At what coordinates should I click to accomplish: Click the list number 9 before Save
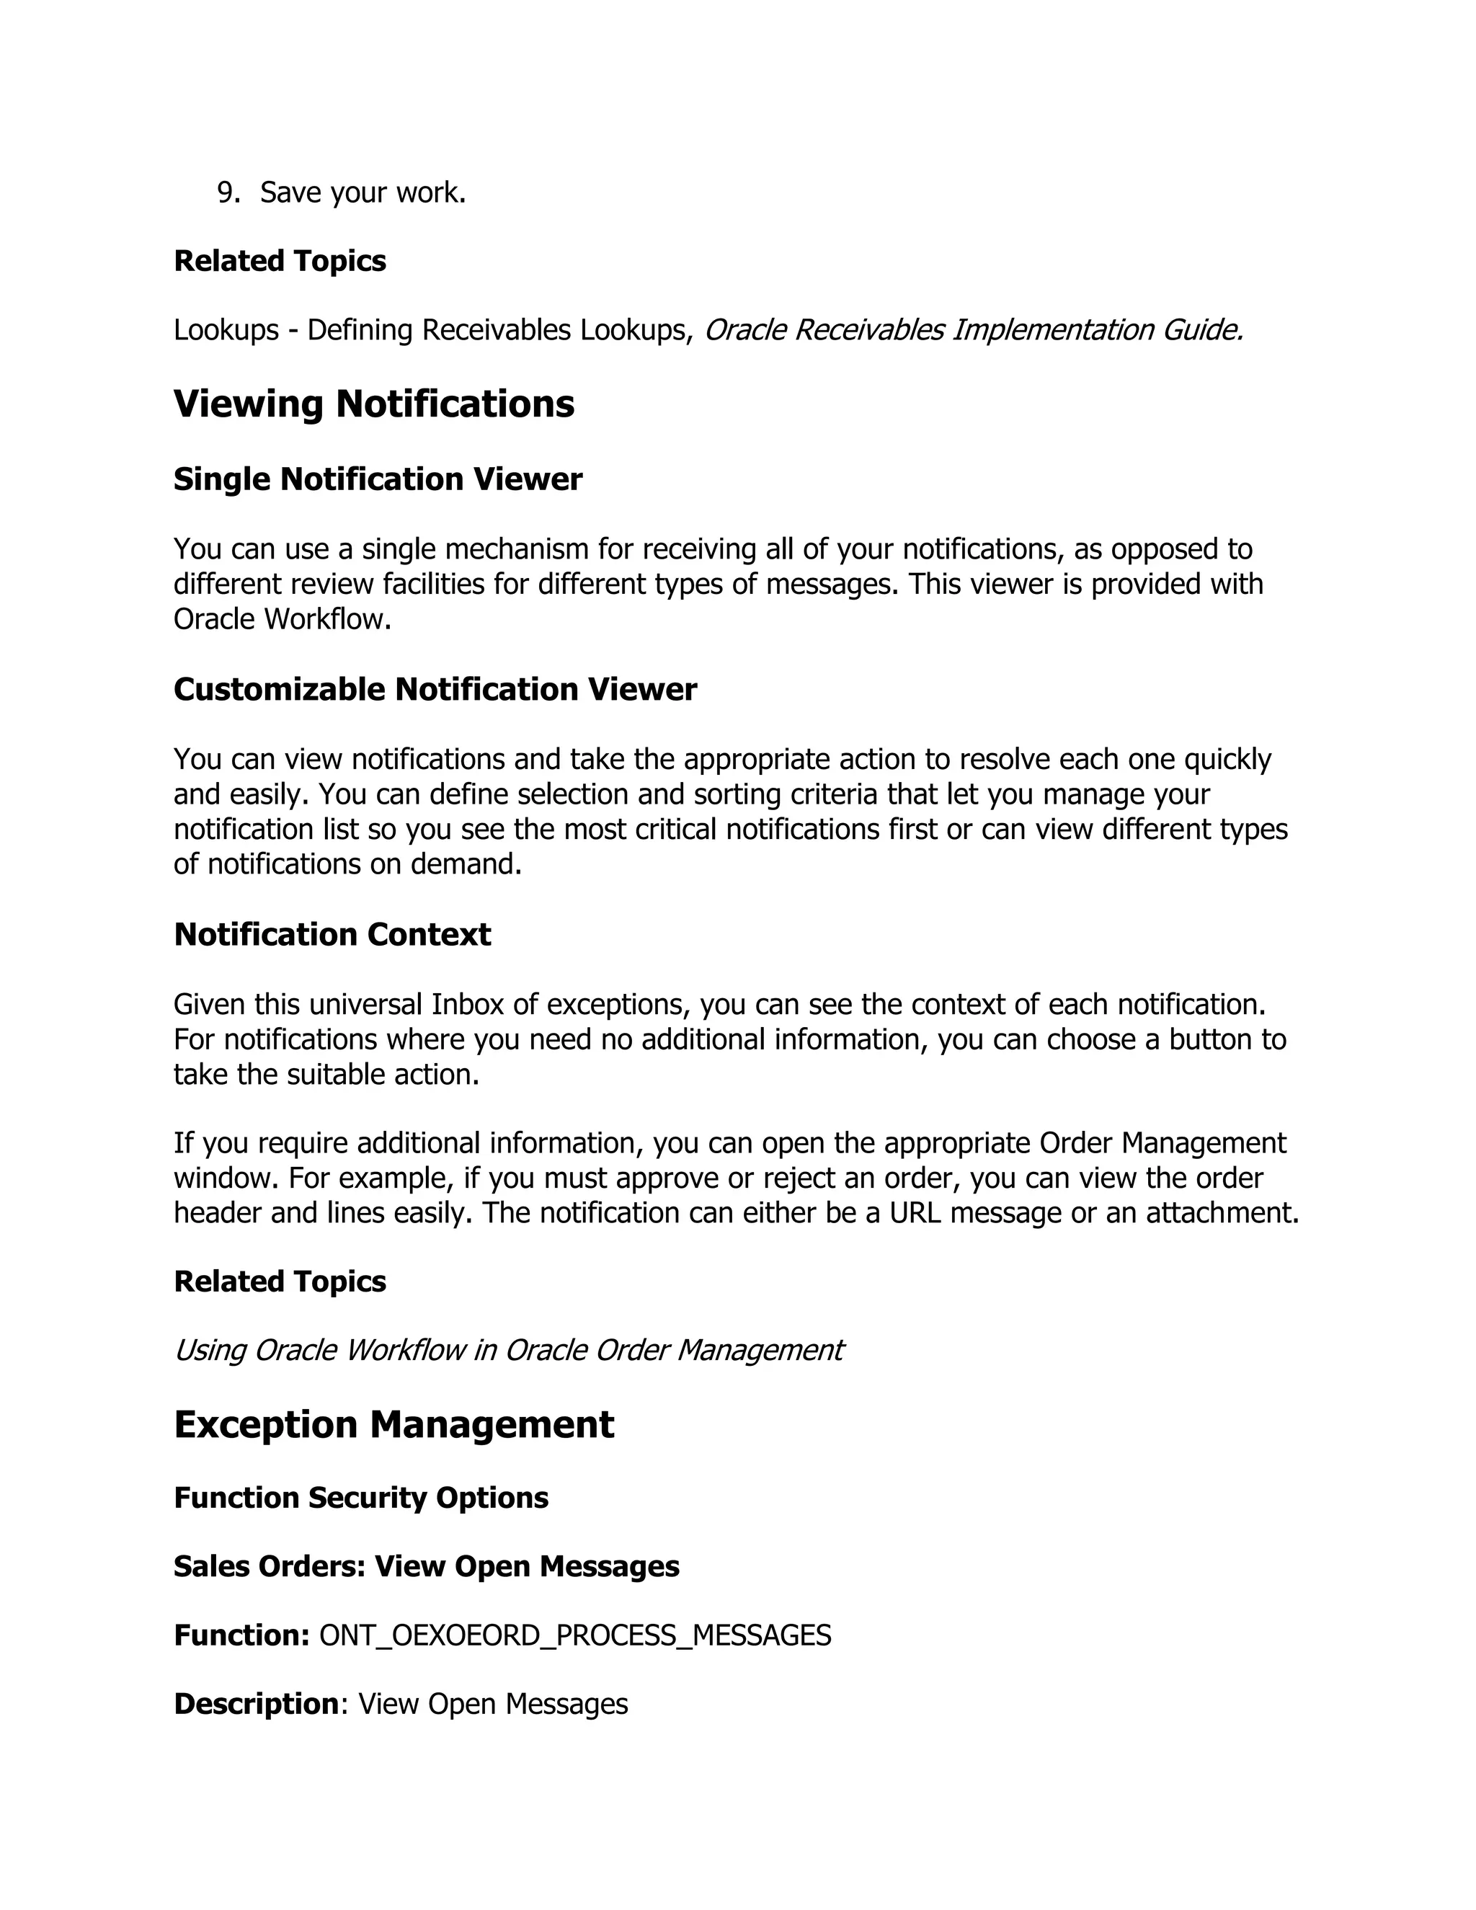227,193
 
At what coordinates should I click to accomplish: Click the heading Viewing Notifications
374,404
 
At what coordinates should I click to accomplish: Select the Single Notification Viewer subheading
378,479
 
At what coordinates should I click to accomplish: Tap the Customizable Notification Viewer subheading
435,689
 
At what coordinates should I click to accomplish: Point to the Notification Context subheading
332,934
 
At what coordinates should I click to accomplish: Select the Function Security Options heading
361,1497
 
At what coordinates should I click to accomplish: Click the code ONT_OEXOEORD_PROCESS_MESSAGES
575,1635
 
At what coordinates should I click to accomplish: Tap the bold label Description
256,1704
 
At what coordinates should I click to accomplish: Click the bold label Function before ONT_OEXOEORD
241,1635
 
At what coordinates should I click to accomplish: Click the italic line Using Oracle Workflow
508,1349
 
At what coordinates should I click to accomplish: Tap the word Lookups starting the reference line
226,331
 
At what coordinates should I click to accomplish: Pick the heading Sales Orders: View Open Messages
427,1565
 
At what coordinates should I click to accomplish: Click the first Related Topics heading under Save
280,261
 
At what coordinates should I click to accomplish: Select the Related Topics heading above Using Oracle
280,1282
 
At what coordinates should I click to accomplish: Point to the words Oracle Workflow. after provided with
282,619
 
